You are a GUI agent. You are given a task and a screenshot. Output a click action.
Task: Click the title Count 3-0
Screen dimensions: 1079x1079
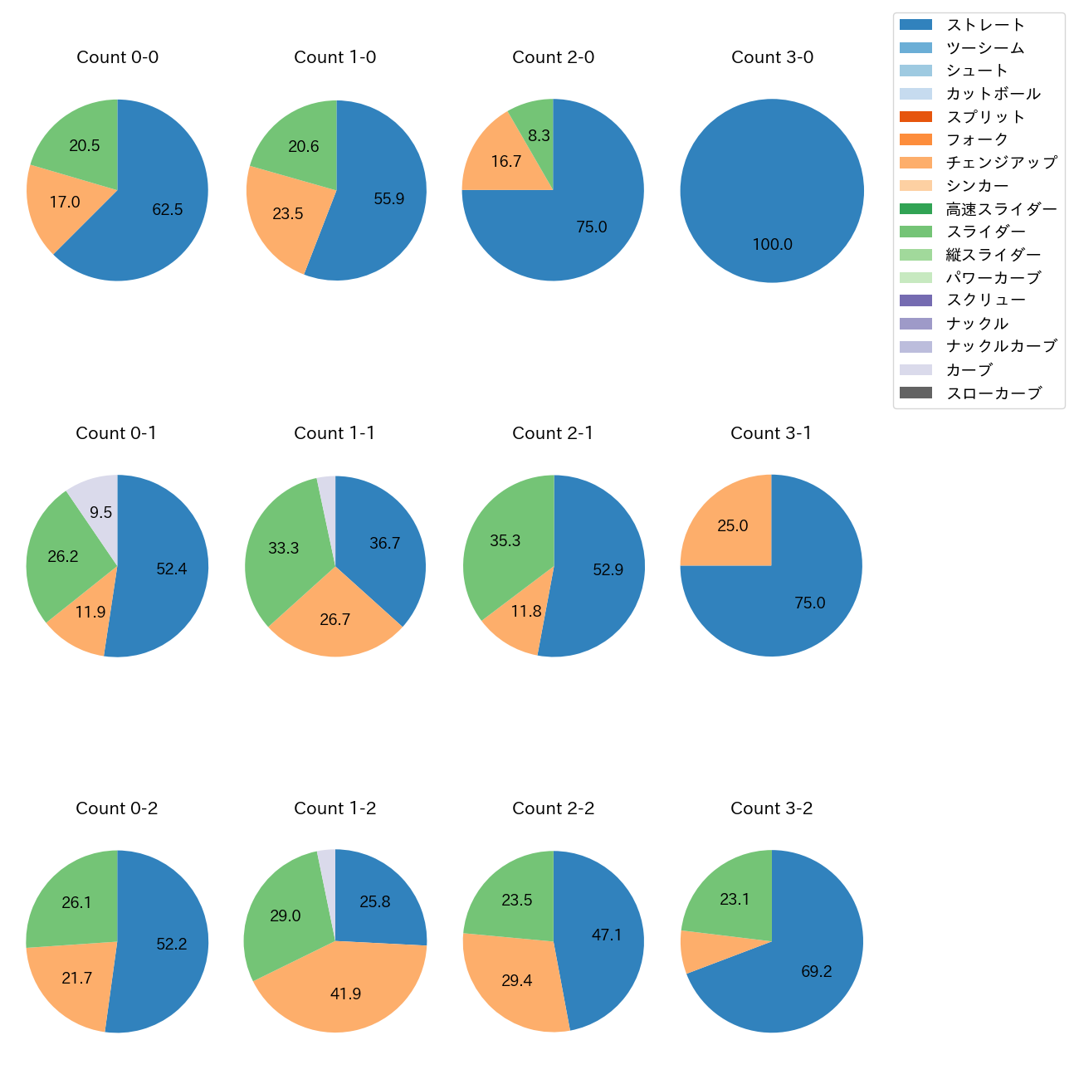click(772, 57)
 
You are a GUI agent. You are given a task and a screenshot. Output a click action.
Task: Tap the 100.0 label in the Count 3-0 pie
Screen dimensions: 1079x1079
click(772, 245)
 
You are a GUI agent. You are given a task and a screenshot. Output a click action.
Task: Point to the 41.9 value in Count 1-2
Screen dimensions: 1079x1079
click(345, 994)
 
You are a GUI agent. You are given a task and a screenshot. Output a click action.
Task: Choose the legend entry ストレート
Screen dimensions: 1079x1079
click(985, 25)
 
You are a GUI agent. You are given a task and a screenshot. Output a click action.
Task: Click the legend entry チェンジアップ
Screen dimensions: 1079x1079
click(1001, 163)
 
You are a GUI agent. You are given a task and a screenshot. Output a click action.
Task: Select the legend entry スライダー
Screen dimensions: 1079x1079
click(985, 232)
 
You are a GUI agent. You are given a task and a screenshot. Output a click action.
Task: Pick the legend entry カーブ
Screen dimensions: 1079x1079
click(969, 369)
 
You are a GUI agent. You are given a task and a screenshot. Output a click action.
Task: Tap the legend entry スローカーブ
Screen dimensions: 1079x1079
click(993, 393)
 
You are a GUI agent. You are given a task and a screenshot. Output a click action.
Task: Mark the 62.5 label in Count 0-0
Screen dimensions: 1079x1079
click(167, 210)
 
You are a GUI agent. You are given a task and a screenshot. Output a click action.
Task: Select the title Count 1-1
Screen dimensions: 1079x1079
click(334, 433)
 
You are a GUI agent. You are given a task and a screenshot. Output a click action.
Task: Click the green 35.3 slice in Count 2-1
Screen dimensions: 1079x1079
click(505, 541)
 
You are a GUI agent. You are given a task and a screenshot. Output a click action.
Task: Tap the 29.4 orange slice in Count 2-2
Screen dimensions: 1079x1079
click(516, 981)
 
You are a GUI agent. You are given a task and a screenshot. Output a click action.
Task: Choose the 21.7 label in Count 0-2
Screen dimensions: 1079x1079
click(76, 979)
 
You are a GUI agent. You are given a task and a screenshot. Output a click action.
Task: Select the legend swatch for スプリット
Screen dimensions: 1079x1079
click(915, 116)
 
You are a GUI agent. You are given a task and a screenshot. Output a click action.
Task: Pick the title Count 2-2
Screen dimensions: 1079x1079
click(553, 808)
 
